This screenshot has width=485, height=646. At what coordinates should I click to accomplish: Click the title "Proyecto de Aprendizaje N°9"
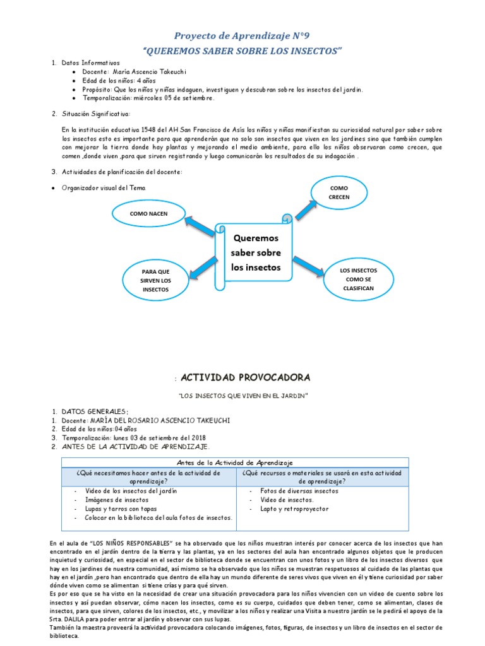coord(242,36)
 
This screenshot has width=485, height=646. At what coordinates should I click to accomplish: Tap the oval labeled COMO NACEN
coord(148,214)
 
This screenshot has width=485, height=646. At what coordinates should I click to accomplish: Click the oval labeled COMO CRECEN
coord(338,192)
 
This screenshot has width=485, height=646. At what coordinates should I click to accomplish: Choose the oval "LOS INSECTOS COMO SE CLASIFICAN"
coord(358,279)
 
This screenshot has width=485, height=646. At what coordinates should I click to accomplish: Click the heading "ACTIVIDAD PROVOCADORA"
coord(245,378)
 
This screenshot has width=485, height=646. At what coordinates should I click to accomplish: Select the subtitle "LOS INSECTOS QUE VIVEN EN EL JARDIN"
coord(242,396)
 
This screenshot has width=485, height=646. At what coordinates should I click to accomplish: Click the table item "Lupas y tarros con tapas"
coord(121,508)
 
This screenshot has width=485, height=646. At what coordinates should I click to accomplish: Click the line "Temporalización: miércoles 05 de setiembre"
coord(144,98)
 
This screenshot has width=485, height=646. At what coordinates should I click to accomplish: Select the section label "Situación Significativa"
coord(96,114)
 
